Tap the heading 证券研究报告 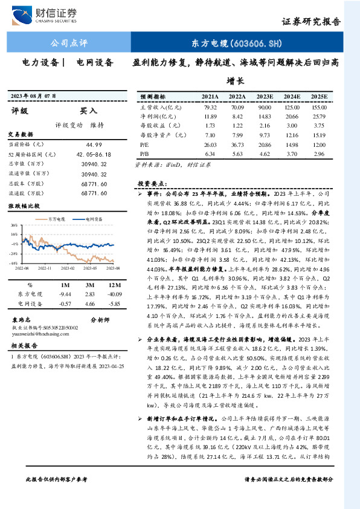312,21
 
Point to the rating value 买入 88,111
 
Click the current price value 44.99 96,144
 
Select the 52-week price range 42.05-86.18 91,155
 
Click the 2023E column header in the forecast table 264,97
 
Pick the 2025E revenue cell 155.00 318,107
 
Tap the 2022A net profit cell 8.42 236,115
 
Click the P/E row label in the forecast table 144,145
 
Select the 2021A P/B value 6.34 210,154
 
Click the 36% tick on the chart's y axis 14,224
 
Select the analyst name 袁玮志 22,320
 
